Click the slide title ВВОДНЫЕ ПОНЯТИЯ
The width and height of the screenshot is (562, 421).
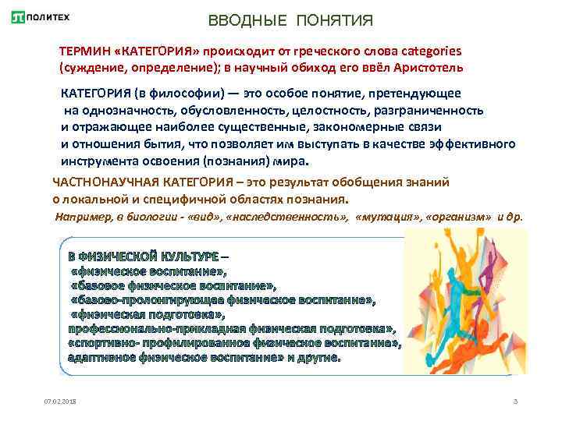(291, 19)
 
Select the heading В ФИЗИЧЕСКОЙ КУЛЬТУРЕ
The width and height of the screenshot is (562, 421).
(144, 256)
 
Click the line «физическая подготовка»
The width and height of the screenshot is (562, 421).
(148, 314)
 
